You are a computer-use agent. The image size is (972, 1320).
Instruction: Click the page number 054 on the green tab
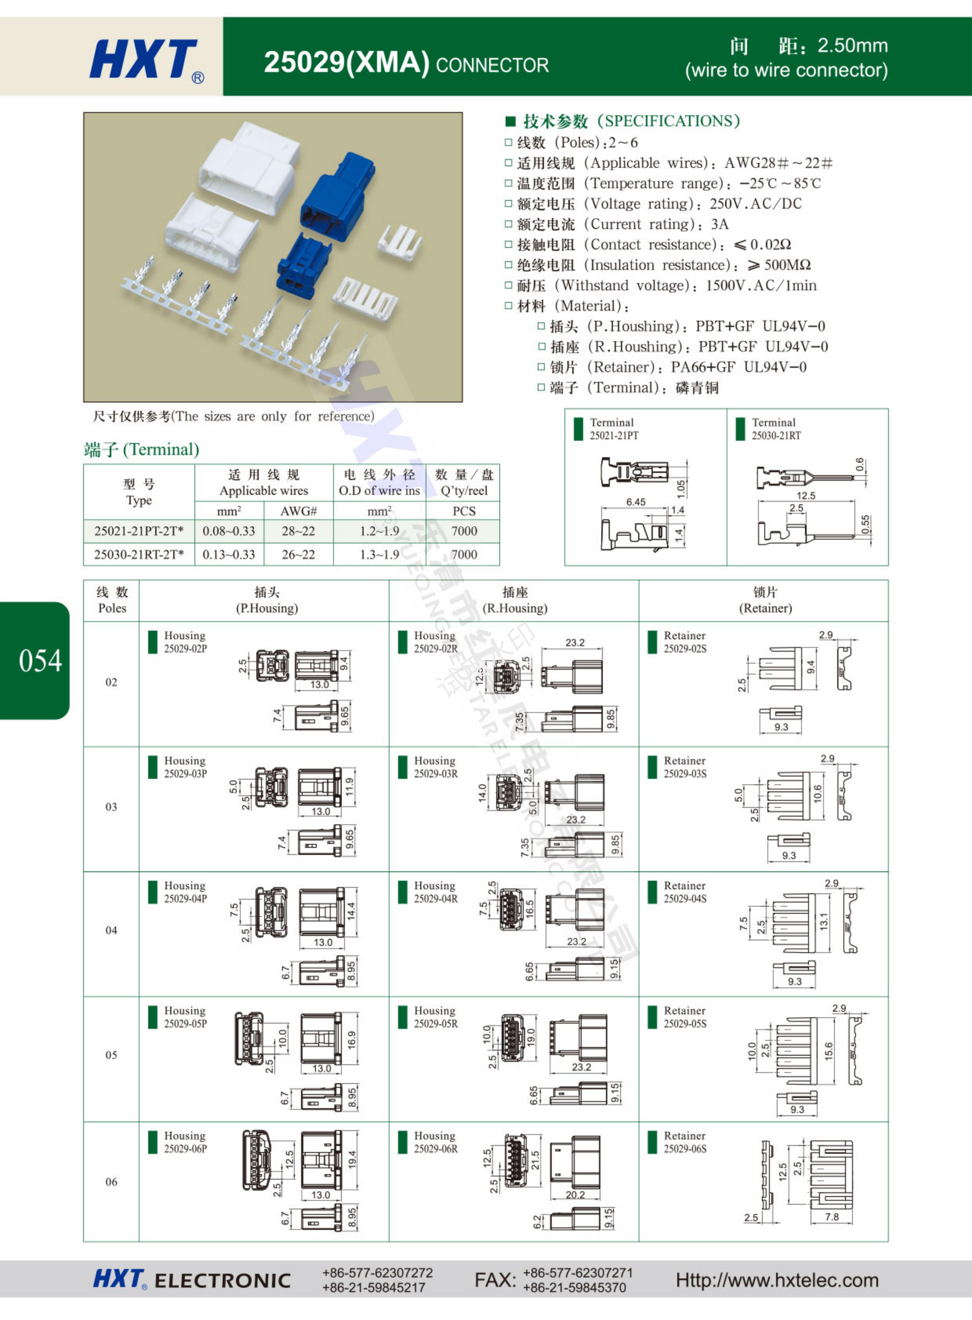point(40,660)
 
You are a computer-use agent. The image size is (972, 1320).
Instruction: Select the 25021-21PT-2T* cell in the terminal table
point(139,531)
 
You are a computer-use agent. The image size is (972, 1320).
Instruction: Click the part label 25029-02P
point(185,649)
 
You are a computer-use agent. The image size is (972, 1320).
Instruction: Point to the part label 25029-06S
point(685,1148)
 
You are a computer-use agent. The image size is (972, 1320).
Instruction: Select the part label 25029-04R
point(435,899)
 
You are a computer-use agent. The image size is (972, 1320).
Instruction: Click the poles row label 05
point(111,1055)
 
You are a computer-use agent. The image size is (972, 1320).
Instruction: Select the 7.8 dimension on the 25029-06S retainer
point(831,1216)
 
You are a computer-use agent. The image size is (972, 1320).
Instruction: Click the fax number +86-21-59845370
point(574,1287)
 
